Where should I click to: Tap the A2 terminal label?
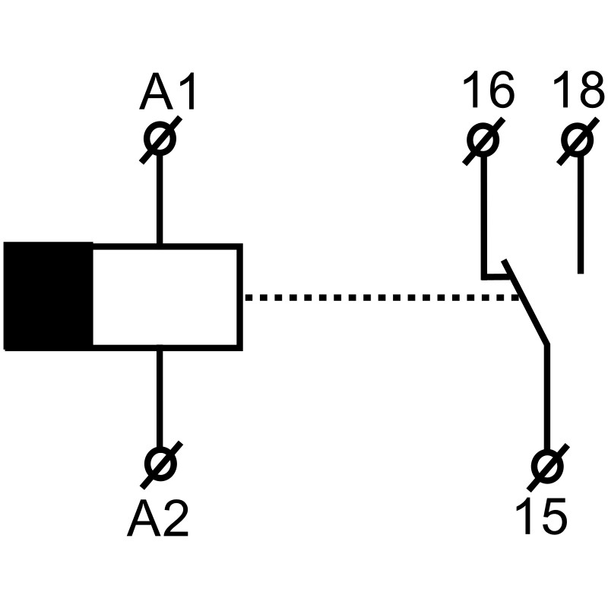click(x=158, y=519)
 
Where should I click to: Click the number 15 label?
click(x=540, y=517)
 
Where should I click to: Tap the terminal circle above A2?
click(x=160, y=463)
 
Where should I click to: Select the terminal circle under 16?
click(x=483, y=140)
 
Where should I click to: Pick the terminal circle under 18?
click(x=578, y=140)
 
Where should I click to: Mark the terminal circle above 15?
click(x=546, y=464)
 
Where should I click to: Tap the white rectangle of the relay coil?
click(x=166, y=296)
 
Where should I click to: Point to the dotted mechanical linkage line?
click(x=380, y=297)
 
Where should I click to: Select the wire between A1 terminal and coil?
click(x=160, y=198)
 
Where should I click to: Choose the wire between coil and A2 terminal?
click(x=160, y=399)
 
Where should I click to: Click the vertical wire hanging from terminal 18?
click(x=581, y=213)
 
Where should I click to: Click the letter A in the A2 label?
click(x=143, y=519)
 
